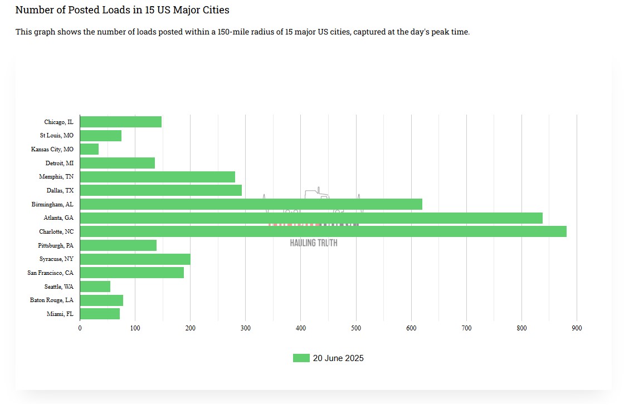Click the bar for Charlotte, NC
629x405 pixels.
(x=323, y=231)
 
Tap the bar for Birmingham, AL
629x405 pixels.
(x=251, y=204)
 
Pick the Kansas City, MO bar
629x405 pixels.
(x=89, y=149)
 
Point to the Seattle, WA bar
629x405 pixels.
(x=95, y=287)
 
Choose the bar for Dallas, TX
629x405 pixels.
(x=160, y=190)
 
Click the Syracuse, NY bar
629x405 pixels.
(x=135, y=259)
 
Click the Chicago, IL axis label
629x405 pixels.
(x=58, y=122)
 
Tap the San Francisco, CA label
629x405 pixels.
(x=50, y=273)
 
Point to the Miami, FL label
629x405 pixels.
(x=60, y=314)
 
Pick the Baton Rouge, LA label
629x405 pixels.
(x=51, y=300)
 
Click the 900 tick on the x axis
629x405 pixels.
(x=577, y=328)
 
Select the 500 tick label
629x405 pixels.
(x=356, y=328)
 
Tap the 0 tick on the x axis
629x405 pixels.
(x=80, y=328)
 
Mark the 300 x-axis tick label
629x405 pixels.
(x=246, y=328)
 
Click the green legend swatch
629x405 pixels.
(x=301, y=358)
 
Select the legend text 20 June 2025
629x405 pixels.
(x=338, y=358)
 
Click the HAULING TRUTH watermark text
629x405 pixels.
(x=314, y=243)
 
